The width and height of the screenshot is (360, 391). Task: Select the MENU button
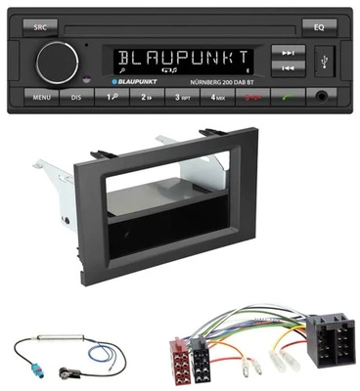pos(40,99)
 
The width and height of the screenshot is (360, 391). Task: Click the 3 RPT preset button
pos(184,99)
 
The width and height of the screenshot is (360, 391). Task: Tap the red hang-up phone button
pos(256,99)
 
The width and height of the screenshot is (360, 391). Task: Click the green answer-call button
pos(289,99)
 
